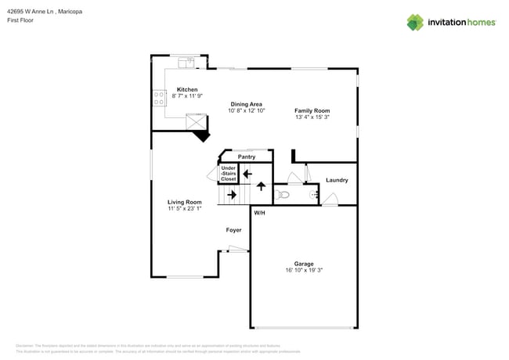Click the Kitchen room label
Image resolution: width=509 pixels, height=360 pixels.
pos(187,89)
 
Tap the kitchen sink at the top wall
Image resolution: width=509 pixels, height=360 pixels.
pos(186,61)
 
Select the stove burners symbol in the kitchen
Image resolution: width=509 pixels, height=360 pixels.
pos(159,98)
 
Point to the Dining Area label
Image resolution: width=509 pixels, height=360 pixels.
pos(246,104)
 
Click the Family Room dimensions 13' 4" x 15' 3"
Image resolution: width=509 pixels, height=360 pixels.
pos(312,117)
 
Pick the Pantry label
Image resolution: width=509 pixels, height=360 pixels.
pos(247,157)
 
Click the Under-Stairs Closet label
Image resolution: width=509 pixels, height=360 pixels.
pos(229,173)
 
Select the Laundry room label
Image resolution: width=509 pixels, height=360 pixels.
pos(337,180)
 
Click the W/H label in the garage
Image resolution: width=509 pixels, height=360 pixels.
pos(259,212)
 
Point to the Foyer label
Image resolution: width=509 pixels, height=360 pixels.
pos(233,230)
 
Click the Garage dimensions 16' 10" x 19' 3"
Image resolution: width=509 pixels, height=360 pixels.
pos(304,270)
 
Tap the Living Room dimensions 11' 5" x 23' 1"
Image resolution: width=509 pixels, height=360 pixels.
pos(184,208)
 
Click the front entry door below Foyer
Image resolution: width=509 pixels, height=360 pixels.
pos(237,250)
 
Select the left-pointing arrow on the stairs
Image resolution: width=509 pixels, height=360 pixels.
pos(247,174)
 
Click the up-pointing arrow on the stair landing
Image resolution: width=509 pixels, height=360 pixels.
pos(261,186)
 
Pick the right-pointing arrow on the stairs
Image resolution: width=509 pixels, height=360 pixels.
pos(232,193)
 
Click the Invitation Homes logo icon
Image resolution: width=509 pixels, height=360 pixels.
pos(415,22)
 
